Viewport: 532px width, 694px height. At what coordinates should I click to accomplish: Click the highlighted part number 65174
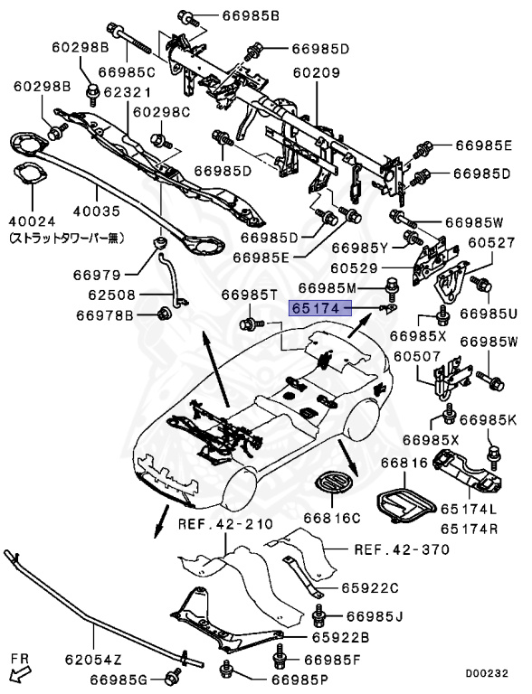click(315, 307)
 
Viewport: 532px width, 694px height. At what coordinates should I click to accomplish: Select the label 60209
click(316, 72)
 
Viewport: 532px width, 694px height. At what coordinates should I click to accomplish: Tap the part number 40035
click(97, 211)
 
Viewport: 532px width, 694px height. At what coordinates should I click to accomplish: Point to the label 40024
click(33, 220)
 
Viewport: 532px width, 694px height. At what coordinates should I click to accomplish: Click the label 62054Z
click(93, 660)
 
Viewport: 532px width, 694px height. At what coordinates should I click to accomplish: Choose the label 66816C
click(332, 518)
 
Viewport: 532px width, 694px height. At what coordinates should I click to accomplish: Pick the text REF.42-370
click(402, 549)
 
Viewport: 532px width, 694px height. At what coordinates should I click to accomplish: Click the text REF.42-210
click(225, 524)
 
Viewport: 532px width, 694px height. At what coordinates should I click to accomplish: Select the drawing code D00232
click(487, 673)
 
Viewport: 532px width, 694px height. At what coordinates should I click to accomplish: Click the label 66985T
click(249, 295)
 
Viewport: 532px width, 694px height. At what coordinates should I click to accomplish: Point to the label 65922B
click(340, 637)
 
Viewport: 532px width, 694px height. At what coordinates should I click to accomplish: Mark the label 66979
click(97, 275)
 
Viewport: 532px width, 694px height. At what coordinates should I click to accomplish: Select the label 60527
click(491, 242)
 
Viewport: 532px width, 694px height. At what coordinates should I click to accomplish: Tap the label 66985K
click(488, 419)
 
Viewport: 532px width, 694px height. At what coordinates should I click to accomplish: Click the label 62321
click(128, 92)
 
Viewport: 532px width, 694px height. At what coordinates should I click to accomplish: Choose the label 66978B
click(105, 315)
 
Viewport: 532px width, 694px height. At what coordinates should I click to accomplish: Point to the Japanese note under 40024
click(66, 239)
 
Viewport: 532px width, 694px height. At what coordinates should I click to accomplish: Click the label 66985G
click(119, 679)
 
